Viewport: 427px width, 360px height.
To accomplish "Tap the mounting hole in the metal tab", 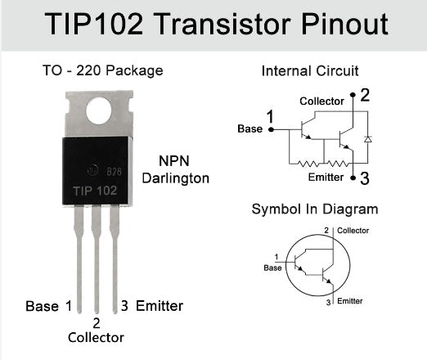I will pos(98,110).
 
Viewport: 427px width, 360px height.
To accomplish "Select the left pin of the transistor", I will pos(79,254).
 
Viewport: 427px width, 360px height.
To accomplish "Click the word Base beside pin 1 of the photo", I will pos(42,306).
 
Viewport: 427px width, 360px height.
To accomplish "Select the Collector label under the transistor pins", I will pos(96,337).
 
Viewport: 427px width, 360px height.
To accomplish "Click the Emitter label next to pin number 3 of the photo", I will pos(160,306).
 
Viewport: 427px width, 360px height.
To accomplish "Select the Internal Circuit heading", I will pos(310,71).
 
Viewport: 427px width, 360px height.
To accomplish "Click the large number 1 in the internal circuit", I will pos(270,117).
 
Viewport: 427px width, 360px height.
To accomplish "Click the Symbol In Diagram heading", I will pos(315,209).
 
